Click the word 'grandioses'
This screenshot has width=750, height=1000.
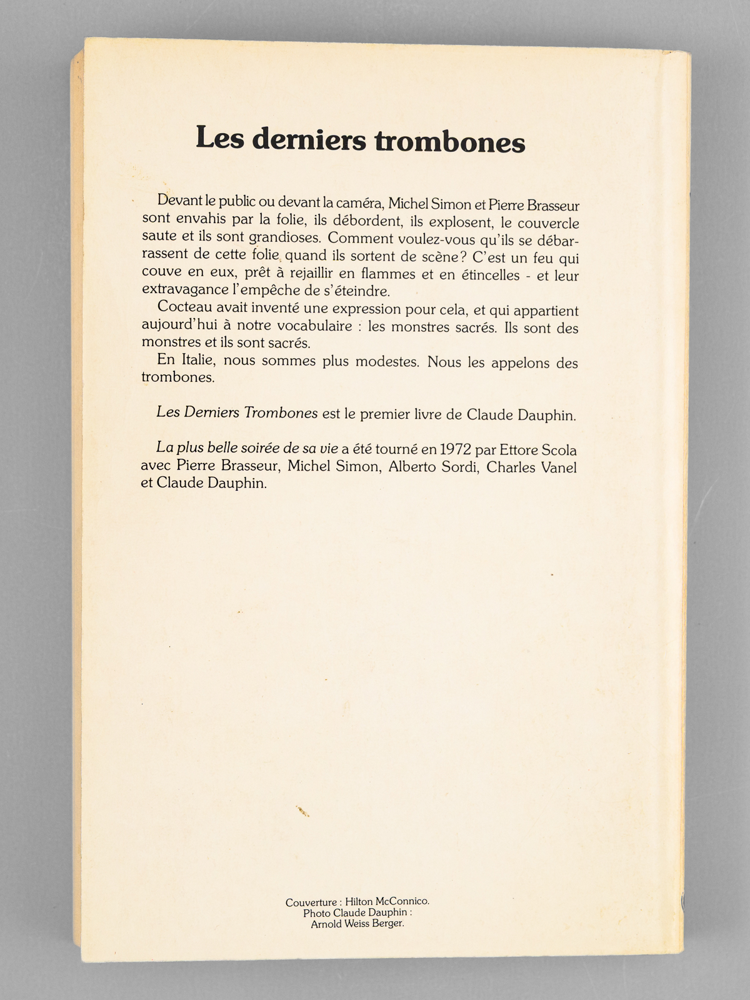[x=285, y=238]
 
